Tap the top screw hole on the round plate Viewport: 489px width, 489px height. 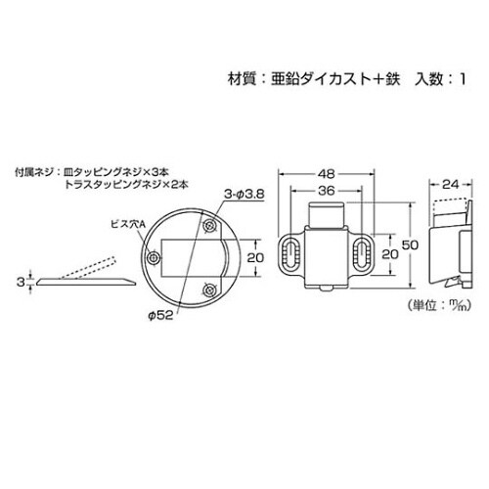point(210,226)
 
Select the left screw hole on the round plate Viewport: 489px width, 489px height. point(154,257)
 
